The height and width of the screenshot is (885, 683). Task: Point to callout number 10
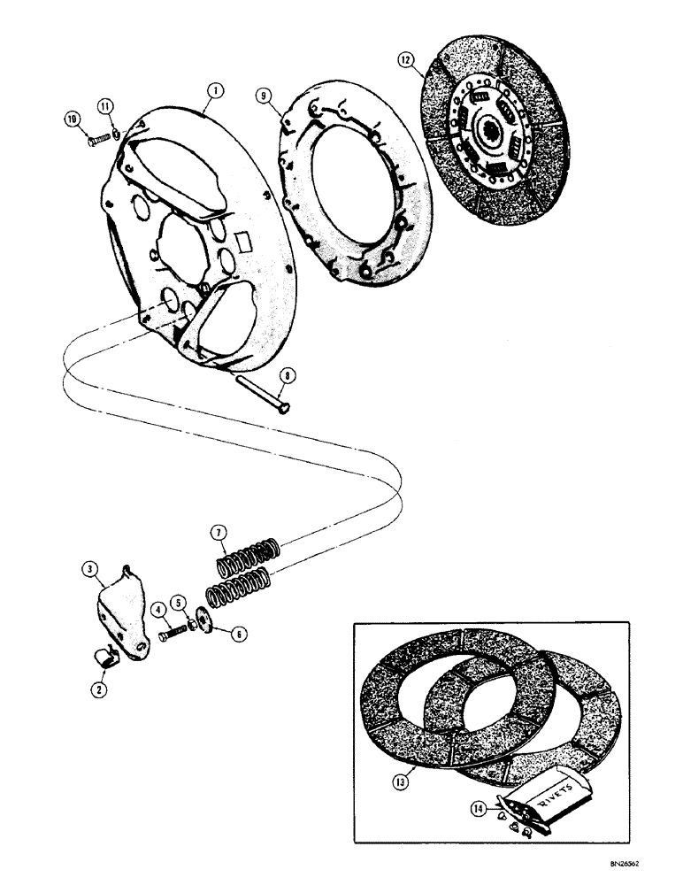coord(73,119)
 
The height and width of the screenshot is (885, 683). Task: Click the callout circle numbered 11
coord(105,106)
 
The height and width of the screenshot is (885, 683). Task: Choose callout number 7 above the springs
coord(217,532)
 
